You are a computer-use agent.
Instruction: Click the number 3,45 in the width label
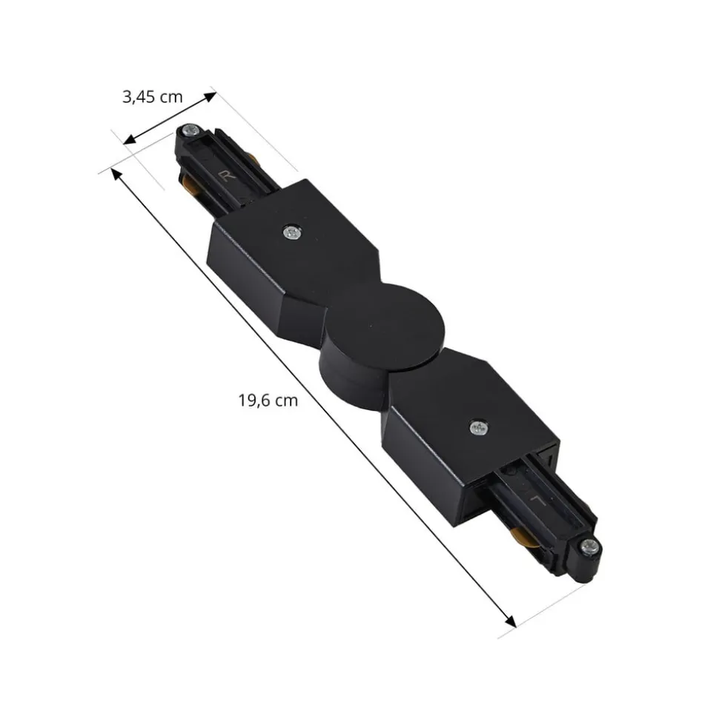click(x=139, y=97)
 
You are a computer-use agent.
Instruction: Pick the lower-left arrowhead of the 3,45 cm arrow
click(x=130, y=139)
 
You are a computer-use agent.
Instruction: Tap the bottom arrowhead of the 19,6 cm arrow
click(x=510, y=620)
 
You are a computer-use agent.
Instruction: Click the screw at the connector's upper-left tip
click(x=189, y=130)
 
